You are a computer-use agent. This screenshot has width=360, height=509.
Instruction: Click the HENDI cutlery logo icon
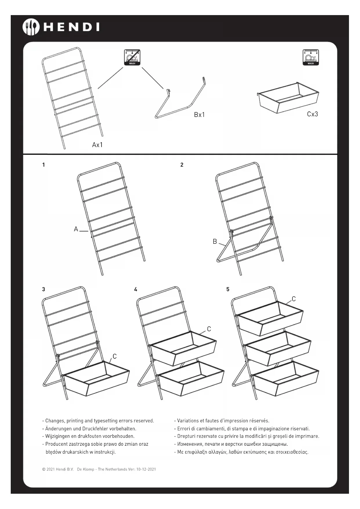(x=31, y=27)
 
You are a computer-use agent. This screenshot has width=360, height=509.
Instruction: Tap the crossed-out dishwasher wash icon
(x=132, y=57)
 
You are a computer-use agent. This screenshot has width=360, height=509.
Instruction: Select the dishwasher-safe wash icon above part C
(x=311, y=57)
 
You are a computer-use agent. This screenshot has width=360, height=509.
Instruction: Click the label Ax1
(x=97, y=145)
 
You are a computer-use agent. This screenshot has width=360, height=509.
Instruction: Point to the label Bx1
(x=199, y=115)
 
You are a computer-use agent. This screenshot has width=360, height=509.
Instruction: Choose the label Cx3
(x=312, y=114)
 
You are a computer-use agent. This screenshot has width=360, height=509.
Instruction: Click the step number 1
(x=44, y=165)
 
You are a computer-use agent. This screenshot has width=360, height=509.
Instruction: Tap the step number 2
(x=182, y=165)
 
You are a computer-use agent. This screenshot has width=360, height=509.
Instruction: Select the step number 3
(x=44, y=289)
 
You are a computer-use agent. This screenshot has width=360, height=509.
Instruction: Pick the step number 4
(x=135, y=289)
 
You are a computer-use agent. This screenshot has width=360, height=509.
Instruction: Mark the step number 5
(x=228, y=289)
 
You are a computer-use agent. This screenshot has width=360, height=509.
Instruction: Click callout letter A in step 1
(x=76, y=229)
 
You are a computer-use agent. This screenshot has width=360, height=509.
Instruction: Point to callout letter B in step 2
(x=215, y=241)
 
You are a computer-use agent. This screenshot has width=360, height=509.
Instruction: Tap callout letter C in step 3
(x=115, y=356)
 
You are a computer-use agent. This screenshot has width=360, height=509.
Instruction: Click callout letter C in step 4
(x=209, y=329)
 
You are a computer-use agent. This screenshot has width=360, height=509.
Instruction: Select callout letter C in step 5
(x=294, y=299)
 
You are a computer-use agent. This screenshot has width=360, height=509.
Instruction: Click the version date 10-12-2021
(x=146, y=469)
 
